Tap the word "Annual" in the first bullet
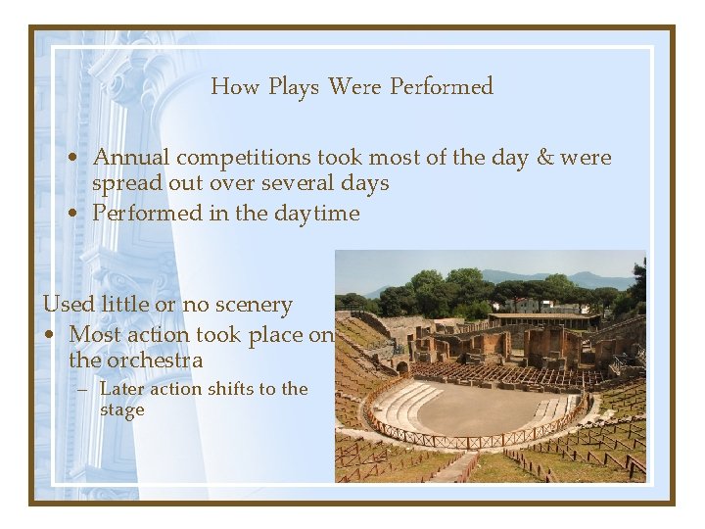(x=130, y=158)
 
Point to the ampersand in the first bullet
(x=544, y=158)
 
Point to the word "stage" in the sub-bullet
(x=122, y=410)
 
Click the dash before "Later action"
(x=84, y=389)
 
